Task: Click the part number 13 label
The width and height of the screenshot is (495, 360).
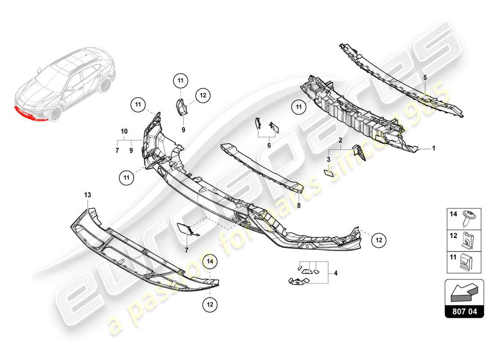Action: click(x=87, y=194)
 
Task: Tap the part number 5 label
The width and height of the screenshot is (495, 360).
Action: click(x=424, y=77)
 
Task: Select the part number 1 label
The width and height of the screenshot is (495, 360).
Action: click(x=434, y=148)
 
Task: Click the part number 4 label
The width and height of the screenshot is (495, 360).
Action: click(x=335, y=273)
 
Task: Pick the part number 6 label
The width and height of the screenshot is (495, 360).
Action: click(x=269, y=145)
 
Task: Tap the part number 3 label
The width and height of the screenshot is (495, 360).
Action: click(x=328, y=159)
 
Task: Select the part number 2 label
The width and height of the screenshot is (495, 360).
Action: click(x=341, y=140)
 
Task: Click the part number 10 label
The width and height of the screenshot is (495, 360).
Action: click(x=124, y=131)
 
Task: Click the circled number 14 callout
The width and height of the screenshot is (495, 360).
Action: click(x=209, y=261)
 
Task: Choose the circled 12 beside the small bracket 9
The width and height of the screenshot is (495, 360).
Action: click(x=203, y=95)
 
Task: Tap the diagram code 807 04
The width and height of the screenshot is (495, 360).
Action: click(x=464, y=310)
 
